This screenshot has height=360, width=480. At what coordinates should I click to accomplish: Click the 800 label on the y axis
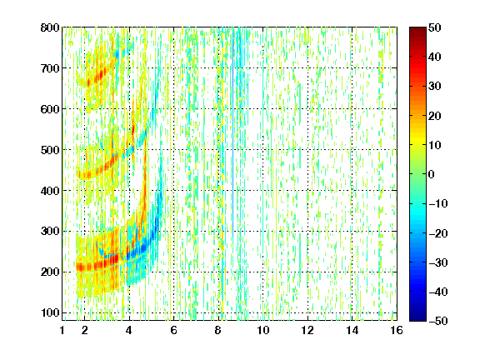[50, 27]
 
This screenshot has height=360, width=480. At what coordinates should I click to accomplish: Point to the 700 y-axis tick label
[50, 68]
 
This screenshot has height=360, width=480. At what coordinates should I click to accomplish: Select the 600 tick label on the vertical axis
[50, 109]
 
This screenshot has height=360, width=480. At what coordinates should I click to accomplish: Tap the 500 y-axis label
[50, 150]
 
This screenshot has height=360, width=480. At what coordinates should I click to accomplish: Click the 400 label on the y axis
[50, 191]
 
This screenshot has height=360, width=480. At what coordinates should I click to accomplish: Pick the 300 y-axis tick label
[50, 231]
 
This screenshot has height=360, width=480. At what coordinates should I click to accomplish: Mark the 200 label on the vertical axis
[50, 272]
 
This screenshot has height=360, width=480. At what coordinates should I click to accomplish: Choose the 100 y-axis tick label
[50, 312]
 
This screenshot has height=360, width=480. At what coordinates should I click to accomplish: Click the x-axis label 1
[62, 330]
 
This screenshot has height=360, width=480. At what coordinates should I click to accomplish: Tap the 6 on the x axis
[173, 330]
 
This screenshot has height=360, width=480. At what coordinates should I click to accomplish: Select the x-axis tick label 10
[263, 330]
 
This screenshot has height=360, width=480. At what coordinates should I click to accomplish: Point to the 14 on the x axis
[352, 330]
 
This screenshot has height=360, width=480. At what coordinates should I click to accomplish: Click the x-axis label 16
[397, 330]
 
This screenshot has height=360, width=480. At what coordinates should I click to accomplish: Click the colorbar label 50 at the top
[434, 27]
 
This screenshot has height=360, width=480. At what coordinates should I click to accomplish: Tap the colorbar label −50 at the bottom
[437, 321]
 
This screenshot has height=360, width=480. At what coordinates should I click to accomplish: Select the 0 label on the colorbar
[432, 174]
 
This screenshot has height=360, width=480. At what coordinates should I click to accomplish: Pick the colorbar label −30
[437, 262]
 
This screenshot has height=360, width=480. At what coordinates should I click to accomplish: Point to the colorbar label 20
[434, 116]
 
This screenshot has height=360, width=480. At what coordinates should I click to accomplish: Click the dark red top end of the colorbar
[417, 29]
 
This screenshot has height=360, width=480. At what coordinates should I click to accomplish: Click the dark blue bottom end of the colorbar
[417, 319]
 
